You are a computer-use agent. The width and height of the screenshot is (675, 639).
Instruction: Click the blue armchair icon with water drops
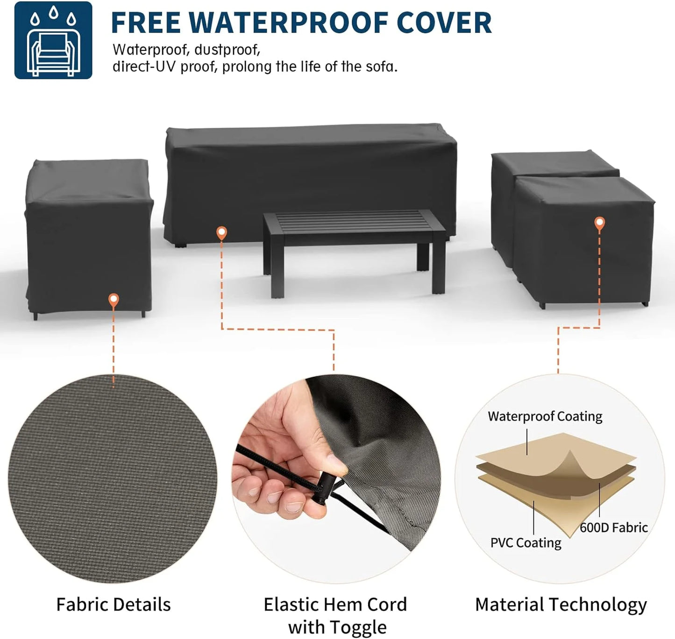point(53,40)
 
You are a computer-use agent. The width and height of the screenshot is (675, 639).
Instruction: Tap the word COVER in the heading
point(444,23)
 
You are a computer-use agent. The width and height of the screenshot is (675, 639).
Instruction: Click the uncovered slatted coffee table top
point(354,222)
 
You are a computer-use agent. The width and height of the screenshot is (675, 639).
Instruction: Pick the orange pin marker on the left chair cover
point(114,300)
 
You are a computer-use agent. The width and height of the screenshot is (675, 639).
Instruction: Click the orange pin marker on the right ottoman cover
point(599,224)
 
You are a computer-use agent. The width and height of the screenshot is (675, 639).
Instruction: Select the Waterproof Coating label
point(545,416)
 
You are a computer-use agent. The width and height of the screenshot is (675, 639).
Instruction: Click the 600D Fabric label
point(613,527)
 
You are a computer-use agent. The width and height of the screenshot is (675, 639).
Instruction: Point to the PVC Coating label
point(526,543)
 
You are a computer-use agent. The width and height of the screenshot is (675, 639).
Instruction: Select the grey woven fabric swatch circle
point(113,479)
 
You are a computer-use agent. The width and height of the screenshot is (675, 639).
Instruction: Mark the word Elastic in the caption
point(291,604)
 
